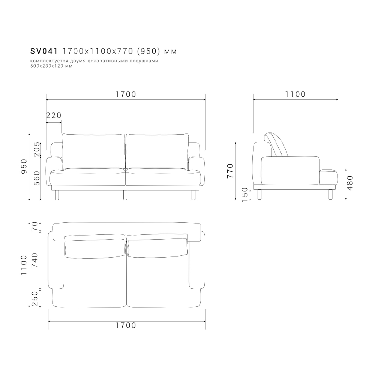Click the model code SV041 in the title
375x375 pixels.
44,51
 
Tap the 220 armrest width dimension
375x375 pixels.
54,115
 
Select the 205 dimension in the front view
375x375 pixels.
37,149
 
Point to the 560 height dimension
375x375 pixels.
37,178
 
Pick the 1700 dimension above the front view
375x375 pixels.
126,94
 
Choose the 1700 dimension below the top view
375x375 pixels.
126,325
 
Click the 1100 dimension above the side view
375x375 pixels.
295,94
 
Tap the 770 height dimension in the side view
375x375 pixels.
230,171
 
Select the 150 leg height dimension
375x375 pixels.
244,194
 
